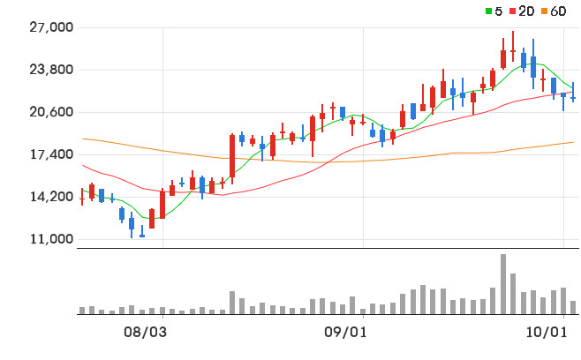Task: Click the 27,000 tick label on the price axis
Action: (51, 27)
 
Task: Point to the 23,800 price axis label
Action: (51, 70)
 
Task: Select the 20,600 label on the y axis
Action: (51, 112)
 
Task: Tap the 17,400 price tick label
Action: (51, 154)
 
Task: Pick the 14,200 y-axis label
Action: (51, 197)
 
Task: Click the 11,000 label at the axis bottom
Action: (51, 239)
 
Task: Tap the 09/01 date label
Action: (346, 333)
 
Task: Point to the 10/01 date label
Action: (547, 333)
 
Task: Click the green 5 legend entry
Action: (494, 11)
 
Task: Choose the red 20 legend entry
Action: (522, 11)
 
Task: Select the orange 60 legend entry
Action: (554, 11)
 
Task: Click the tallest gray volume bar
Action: (503, 284)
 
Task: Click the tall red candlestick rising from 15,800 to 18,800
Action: (232, 155)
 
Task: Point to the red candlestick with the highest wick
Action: (513, 47)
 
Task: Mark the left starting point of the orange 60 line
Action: (83, 139)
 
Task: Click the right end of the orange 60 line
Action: (573, 142)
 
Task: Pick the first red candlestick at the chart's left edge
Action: (82, 197)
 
